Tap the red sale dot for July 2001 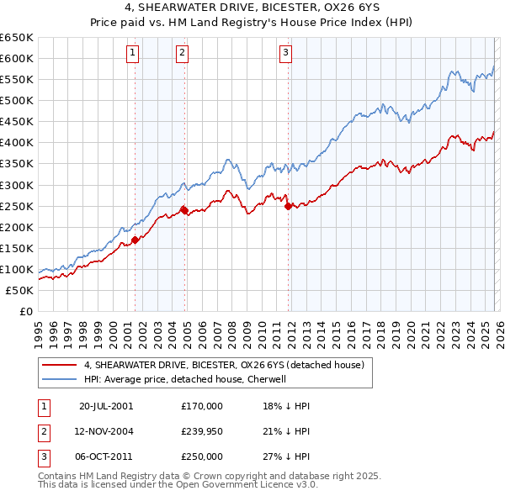[135, 240]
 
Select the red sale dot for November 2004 [184, 210]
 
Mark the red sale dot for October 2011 [288, 206]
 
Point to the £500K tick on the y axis [17, 101]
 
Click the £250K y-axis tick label [17, 206]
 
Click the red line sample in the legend [59, 365]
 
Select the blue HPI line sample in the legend [59, 379]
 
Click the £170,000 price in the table [202, 405]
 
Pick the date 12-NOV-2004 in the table [105, 431]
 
